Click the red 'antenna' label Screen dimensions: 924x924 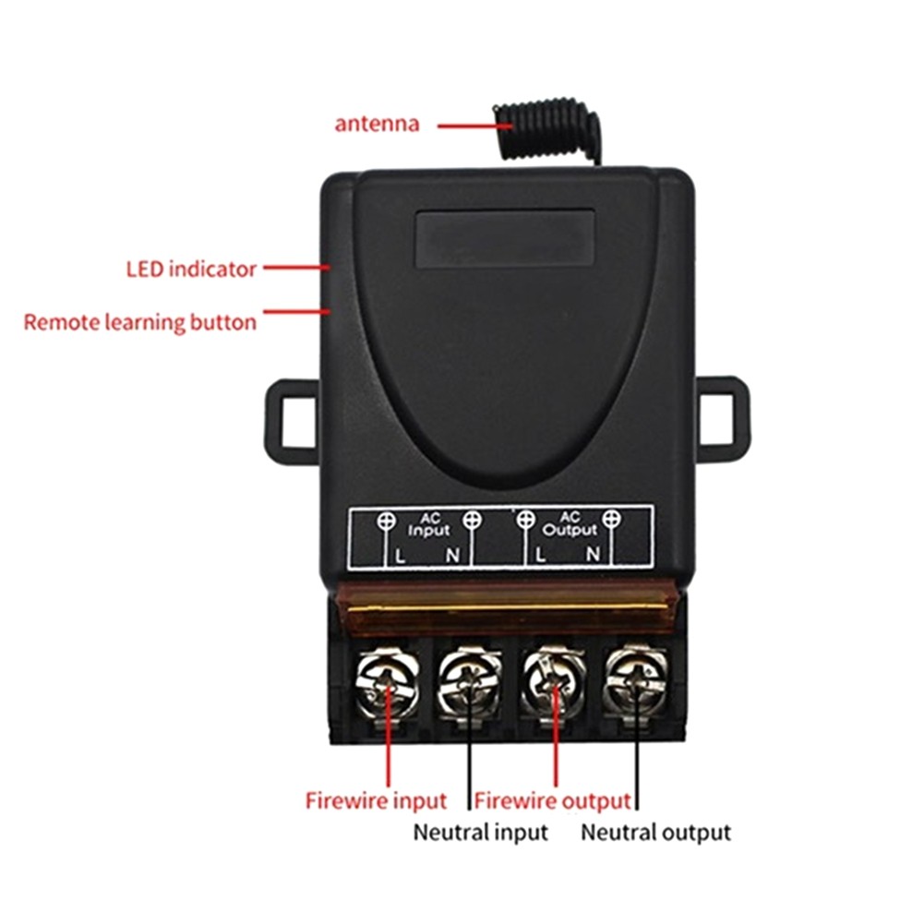(377, 125)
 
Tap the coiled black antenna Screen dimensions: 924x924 (546, 129)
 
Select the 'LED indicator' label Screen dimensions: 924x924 (191, 270)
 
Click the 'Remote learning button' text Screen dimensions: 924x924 (140, 322)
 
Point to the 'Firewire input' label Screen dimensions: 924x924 (376, 801)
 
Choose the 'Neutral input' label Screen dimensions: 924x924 (480, 833)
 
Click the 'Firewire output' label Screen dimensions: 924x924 (552, 801)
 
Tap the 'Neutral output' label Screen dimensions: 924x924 (655, 833)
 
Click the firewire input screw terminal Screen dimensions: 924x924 (387, 684)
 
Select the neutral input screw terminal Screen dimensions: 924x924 (470, 685)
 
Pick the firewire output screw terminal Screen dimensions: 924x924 (553, 684)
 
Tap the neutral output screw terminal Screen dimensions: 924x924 (635, 684)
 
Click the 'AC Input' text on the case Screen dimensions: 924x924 (429, 524)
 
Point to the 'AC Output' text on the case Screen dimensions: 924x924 (570, 524)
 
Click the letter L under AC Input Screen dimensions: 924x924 (400, 556)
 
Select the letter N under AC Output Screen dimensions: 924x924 (593, 554)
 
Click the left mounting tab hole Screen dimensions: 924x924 (299, 422)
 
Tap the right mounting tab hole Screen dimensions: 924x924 (716, 419)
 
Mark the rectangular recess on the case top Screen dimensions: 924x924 (505, 239)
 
